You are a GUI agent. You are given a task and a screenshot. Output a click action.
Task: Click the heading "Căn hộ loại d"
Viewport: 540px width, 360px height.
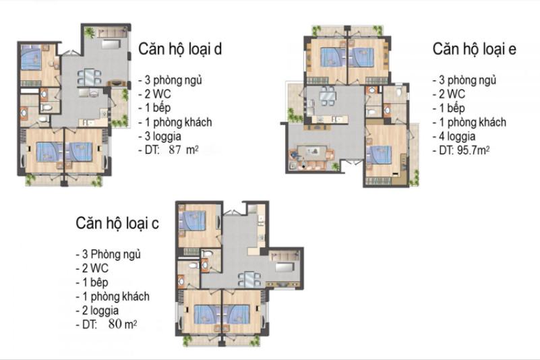180,49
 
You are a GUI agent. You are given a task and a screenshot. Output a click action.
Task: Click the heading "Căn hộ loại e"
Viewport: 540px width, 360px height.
474,49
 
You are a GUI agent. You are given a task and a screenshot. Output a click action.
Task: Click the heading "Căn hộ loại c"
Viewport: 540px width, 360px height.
117,223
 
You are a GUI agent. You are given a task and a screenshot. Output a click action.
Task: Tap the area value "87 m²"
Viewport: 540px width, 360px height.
183,150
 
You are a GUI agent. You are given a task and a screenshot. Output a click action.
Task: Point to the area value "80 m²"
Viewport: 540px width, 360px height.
123,324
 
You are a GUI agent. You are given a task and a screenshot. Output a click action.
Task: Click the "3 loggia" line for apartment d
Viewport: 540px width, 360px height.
160,136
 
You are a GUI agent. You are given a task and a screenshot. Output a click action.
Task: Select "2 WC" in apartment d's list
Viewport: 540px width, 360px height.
155,94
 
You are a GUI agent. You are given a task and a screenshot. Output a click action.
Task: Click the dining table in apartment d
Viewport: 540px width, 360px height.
89,77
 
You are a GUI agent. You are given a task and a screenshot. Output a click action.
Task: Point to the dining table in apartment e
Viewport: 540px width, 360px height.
327,96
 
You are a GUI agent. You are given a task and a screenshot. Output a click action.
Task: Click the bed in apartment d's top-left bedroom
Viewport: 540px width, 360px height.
31,57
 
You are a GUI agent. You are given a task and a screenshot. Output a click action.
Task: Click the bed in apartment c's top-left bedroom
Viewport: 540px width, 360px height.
193,221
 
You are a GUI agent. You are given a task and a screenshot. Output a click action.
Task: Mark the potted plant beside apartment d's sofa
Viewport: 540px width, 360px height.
90,33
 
